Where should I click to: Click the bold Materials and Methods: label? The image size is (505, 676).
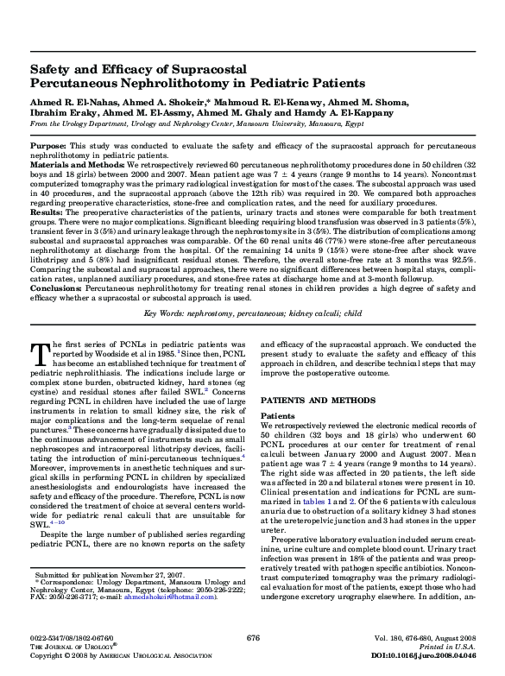pos(66,163)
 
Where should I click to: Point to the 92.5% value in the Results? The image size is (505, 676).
pos(458,255)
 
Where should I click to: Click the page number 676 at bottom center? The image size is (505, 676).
pos(253,637)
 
